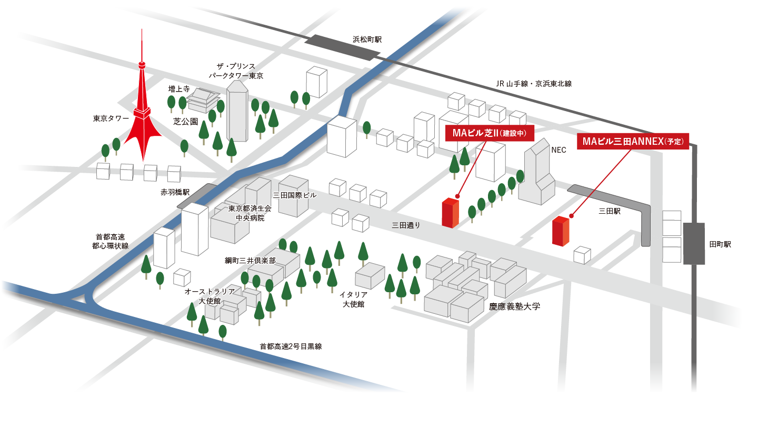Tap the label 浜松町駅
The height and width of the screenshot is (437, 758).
coord(367,39)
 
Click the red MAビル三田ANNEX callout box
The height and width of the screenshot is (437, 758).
coord(633,142)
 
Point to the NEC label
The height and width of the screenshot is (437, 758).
coord(558,150)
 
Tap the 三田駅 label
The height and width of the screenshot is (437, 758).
coord(610,211)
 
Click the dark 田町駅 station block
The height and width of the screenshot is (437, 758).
coord(693,243)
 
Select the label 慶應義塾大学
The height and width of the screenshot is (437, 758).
coord(514,306)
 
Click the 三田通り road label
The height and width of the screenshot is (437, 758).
coord(406,225)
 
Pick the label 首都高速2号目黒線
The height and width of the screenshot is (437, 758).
coord(291,346)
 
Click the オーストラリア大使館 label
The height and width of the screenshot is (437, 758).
coord(209,296)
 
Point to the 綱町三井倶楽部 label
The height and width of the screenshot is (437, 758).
coord(250,261)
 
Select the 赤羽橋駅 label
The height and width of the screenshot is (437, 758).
coord(175,192)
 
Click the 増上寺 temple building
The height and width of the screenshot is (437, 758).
coord(204,100)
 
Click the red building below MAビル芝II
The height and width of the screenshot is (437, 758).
coord(450,213)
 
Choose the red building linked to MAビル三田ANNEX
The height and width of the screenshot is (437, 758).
coord(560,232)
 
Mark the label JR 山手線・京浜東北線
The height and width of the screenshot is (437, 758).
coord(534,84)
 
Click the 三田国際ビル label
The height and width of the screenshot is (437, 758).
coord(295,195)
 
